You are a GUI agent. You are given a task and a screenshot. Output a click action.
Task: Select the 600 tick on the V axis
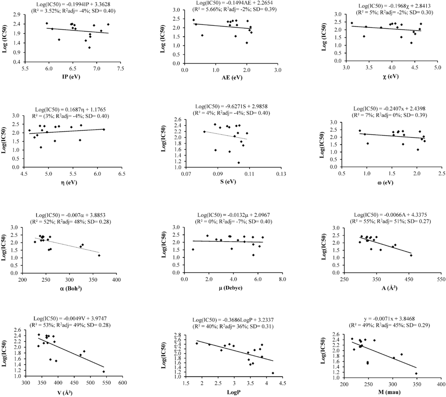coord(123,383)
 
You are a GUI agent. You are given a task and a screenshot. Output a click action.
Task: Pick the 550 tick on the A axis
coord(441,278)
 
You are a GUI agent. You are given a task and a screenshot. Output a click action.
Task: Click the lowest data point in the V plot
coord(104,372)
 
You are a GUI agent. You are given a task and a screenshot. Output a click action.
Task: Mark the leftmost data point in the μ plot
coord(193,250)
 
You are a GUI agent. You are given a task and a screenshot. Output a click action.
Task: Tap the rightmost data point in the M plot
coord(416,373)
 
